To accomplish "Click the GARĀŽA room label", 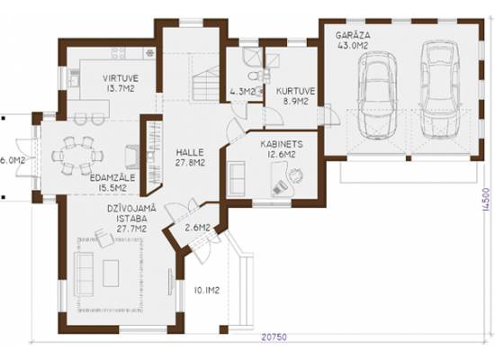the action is [353, 35].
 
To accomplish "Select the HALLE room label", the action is [190, 152].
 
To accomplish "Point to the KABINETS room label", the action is [282, 144].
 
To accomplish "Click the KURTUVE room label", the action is [295, 91].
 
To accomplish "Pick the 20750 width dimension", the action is [274, 337].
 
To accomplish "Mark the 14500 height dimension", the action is [487, 199].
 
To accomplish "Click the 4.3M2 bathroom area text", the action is [242, 92].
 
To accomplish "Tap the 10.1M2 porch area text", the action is [207, 291].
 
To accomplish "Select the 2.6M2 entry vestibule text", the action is [198, 228].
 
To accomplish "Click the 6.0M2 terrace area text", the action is [13, 160].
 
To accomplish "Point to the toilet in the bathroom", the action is [254, 76].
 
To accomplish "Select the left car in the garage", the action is [377, 94].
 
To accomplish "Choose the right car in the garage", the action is [440, 89].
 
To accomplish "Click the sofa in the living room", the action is [84, 274].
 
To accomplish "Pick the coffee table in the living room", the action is [111, 274].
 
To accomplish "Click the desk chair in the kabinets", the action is [296, 175].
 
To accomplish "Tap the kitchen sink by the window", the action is [74, 77].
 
